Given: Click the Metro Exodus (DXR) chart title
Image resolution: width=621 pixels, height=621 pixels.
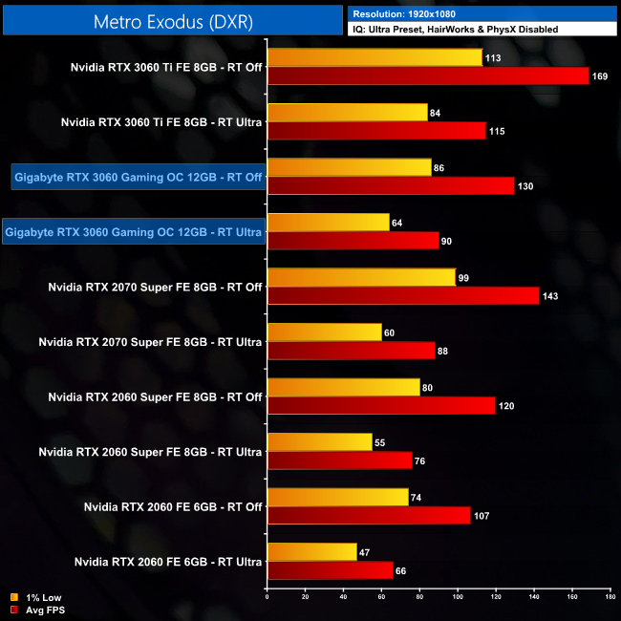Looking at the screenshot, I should pyautogui.click(x=172, y=21).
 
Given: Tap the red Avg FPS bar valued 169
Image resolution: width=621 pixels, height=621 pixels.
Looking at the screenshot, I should pyautogui.click(x=428, y=76).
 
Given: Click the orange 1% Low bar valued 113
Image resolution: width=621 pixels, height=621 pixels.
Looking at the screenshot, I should pyautogui.click(x=375, y=57).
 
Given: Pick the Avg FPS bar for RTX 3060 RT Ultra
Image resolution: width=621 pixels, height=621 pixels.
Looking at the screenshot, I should pyautogui.click(x=353, y=241).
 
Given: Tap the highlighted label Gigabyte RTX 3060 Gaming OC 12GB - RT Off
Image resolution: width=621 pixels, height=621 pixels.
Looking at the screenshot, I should pyautogui.click(x=139, y=177).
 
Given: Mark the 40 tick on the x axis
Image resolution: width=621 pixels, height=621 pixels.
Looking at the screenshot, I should pyautogui.click(x=344, y=599).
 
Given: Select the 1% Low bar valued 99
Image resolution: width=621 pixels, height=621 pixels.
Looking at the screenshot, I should pyautogui.click(x=361, y=277).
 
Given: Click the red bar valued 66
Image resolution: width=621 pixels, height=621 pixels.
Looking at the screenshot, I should pyautogui.click(x=330, y=570).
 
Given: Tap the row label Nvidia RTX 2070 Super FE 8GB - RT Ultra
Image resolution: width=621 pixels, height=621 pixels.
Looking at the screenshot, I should pyautogui.click(x=150, y=341).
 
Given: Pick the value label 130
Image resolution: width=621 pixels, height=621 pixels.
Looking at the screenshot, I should pyautogui.click(x=525, y=186).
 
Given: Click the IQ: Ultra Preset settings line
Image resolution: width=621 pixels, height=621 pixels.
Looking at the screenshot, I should pyautogui.click(x=455, y=30).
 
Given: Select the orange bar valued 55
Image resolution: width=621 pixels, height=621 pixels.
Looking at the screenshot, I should pyautogui.click(x=319, y=441).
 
